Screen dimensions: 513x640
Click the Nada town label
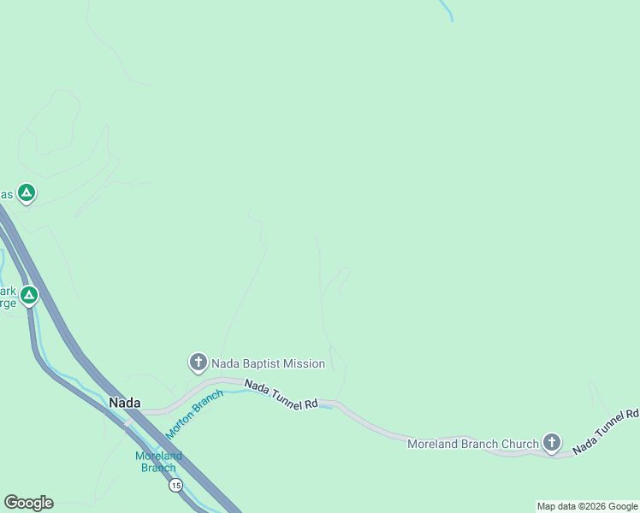click(124, 402)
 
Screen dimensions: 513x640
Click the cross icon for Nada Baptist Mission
click(198, 363)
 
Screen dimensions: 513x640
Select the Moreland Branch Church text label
click(472, 444)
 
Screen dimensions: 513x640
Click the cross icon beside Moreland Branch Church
click(552, 443)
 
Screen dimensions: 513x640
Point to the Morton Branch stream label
click(194, 414)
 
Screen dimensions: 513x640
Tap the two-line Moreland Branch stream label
click(158, 462)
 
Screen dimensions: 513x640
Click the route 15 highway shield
click(175, 486)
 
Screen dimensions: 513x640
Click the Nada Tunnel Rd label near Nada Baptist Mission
click(281, 395)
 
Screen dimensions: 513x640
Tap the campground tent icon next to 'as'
click(27, 193)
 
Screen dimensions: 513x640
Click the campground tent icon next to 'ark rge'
click(29, 296)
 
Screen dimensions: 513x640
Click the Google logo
click(28, 503)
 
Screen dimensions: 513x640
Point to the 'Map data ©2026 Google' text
click(587, 506)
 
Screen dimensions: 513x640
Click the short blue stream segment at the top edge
click(446, 9)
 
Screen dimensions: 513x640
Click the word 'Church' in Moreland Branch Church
click(519, 444)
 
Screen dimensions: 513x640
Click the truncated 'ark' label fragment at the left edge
click(8, 291)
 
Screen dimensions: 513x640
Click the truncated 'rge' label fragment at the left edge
click(8, 303)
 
